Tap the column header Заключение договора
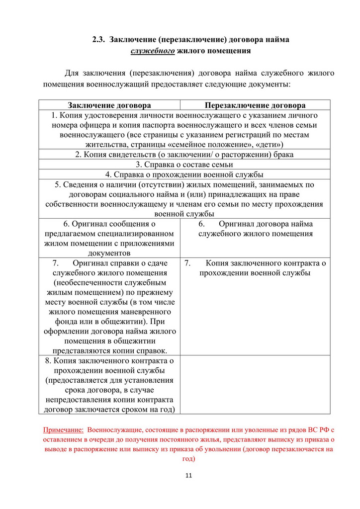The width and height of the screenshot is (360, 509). point(109,105)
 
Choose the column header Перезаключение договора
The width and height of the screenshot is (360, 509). point(255,105)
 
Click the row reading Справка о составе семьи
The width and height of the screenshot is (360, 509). point(184,165)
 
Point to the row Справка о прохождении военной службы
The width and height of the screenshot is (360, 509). point(184,174)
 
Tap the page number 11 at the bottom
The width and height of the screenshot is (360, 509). point(188,476)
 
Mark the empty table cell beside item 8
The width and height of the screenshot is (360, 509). point(255,384)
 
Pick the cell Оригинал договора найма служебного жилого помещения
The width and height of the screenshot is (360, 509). point(255,229)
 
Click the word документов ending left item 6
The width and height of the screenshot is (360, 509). point(109,253)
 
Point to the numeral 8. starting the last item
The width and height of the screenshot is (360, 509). point(48,360)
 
